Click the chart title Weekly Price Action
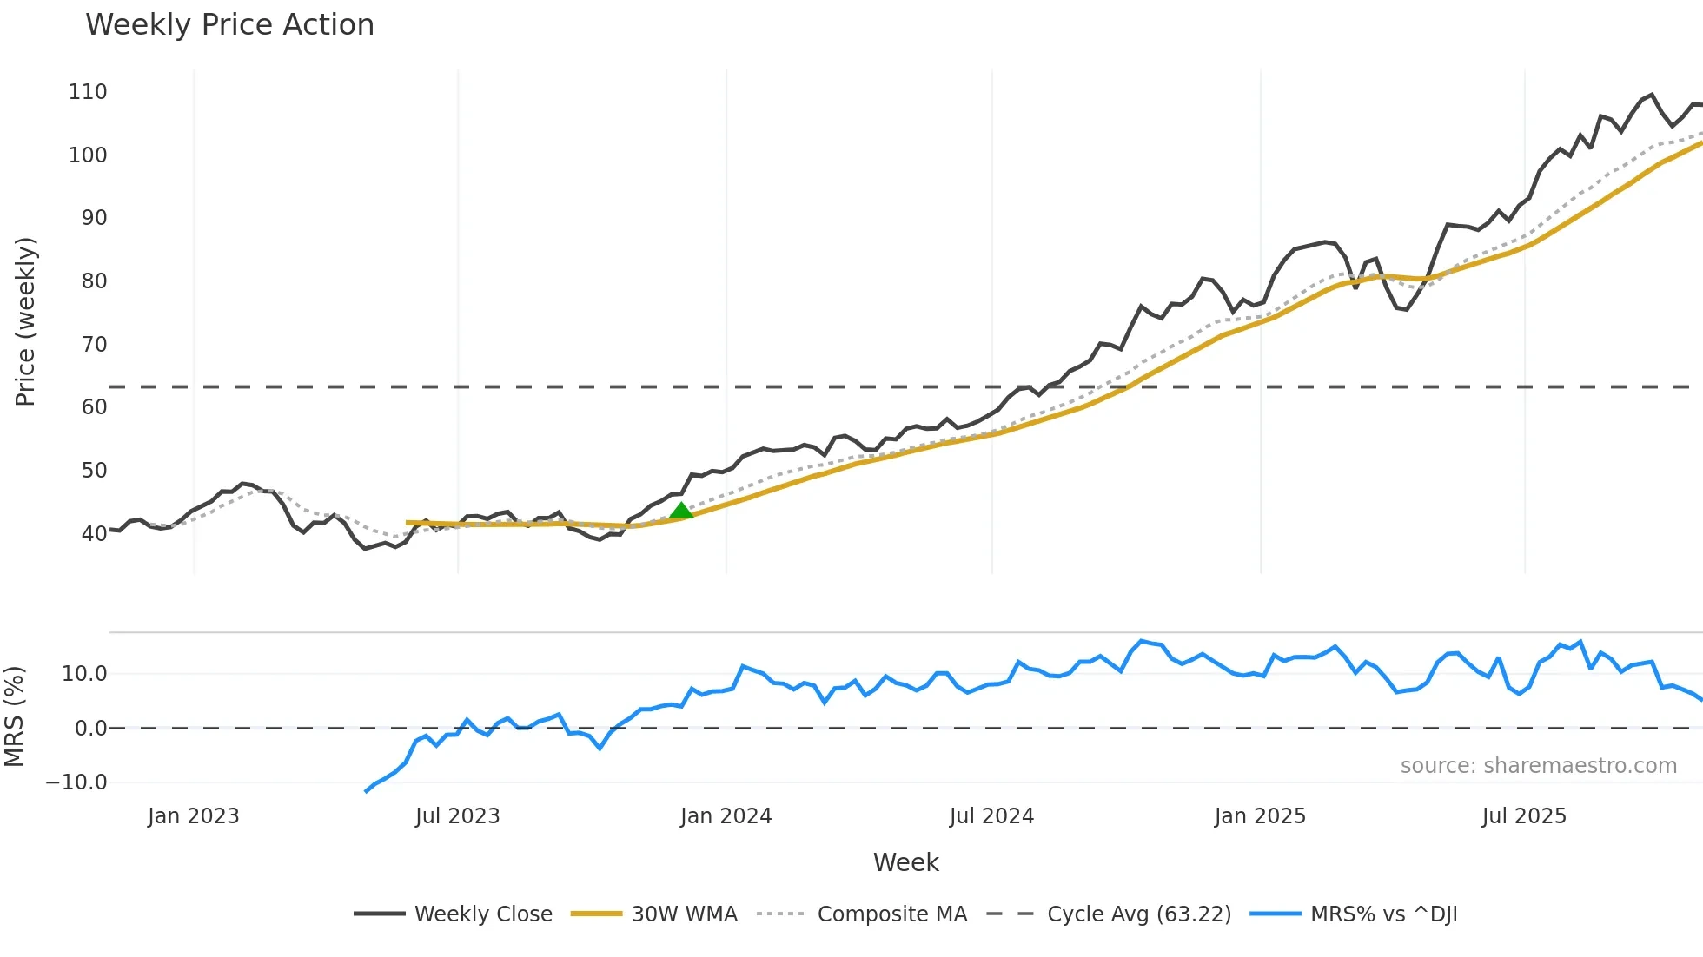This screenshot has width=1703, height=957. pyautogui.click(x=229, y=25)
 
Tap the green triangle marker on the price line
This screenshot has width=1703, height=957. pyautogui.click(x=681, y=511)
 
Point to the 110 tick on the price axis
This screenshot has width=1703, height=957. pyautogui.click(x=88, y=92)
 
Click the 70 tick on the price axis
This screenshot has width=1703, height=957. pyautogui.click(x=94, y=345)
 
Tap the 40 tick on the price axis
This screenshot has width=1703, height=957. pyautogui.click(x=94, y=534)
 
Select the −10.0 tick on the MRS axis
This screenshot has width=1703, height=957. pyautogui.click(x=76, y=782)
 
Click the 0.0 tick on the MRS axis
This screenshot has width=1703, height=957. pyautogui.click(x=90, y=729)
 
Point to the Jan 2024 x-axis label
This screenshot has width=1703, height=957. pyautogui.click(x=726, y=816)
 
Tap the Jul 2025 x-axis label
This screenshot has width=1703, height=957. pyautogui.click(x=1524, y=816)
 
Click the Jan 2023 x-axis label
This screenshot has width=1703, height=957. pyautogui.click(x=193, y=816)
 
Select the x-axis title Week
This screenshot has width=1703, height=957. pyautogui.click(x=905, y=862)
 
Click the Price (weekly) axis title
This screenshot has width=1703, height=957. pyautogui.click(x=25, y=321)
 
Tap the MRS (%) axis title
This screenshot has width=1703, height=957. pyautogui.click(x=14, y=716)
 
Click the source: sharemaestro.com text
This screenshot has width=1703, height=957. pyautogui.click(x=1538, y=766)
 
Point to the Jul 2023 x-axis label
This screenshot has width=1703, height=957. pyautogui.click(x=457, y=816)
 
